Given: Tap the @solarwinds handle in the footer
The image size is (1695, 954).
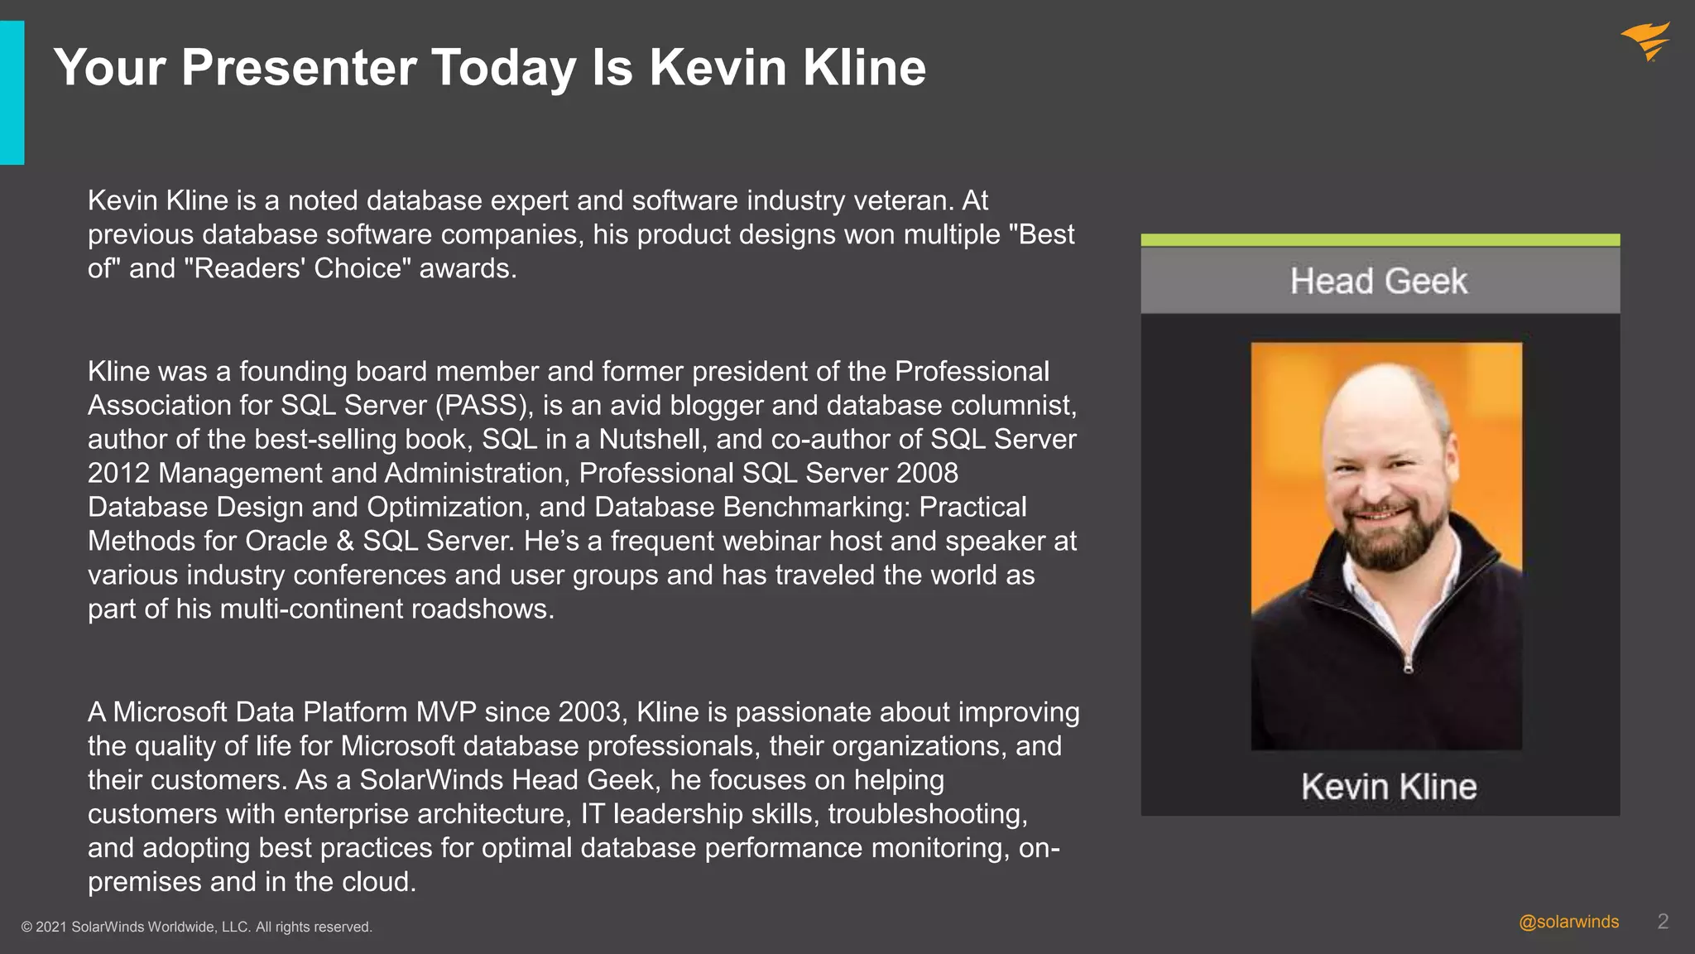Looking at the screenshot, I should [1568, 922].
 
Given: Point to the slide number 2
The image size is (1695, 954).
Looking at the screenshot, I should [1663, 922].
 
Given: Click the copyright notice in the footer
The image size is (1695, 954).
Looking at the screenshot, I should [197, 927].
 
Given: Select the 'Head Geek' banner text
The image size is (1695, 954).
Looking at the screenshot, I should [1379, 281].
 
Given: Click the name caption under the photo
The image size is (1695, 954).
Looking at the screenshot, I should [1388, 786].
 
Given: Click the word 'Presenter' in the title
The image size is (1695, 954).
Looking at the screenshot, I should [298, 67].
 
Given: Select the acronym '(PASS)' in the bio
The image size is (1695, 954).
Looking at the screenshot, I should [484, 405].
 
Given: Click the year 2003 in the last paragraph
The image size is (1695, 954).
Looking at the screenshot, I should [589, 712].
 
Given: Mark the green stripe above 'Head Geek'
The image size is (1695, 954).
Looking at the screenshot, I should [1380, 240].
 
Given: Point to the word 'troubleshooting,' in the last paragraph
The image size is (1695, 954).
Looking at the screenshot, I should [928, 814].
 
